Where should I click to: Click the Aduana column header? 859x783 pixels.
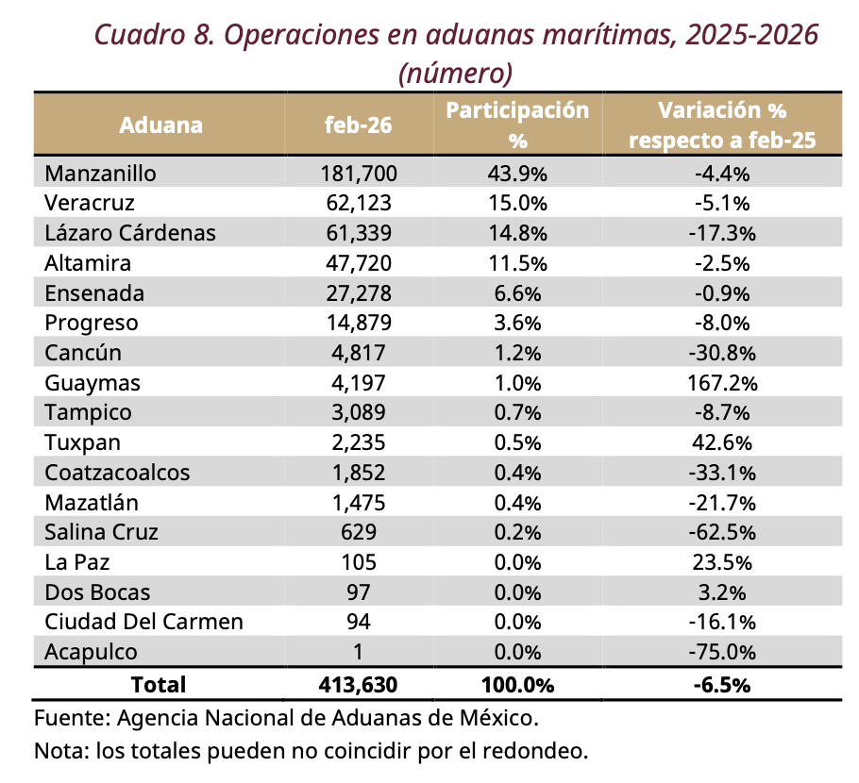pos(160,125)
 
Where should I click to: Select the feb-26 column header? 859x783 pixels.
pos(358,125)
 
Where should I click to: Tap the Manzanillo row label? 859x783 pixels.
pos(100,173)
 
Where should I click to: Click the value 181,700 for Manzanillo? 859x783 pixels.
pos(358,173)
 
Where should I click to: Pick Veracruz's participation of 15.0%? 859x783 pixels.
pos(517,203)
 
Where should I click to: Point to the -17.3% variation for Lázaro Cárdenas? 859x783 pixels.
pos(722,233)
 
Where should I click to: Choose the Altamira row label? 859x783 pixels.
pos(88,262)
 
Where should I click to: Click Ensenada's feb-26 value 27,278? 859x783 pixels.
pos(358,292)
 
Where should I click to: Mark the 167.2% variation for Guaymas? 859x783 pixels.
pos(722,382)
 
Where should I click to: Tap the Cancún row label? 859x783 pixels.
pos(82,353)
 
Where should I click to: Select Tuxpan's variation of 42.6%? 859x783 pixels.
pos(722,442)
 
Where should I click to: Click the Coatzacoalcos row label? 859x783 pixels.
pos(117,473)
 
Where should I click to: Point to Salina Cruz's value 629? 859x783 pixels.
pos(358,532)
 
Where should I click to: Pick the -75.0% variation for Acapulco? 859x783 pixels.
pos(722,652)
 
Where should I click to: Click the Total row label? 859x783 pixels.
pos(159,684)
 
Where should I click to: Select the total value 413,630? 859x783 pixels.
pos(358,684)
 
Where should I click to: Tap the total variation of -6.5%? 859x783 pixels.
pos(722,684)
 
